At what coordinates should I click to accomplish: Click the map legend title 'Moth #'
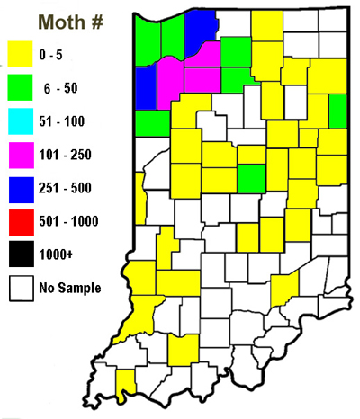pyautogui.click(x=65, y=20)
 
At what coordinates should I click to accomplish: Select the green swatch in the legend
pyautogui.click(x=21, y=85)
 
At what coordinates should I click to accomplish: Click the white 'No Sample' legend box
pyautogui.click(x=21, y=289)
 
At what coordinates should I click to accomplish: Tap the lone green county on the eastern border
pyautogui.click(x=338, y=111)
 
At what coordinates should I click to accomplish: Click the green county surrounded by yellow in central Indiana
pyautogui.click(x=251, y=178)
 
